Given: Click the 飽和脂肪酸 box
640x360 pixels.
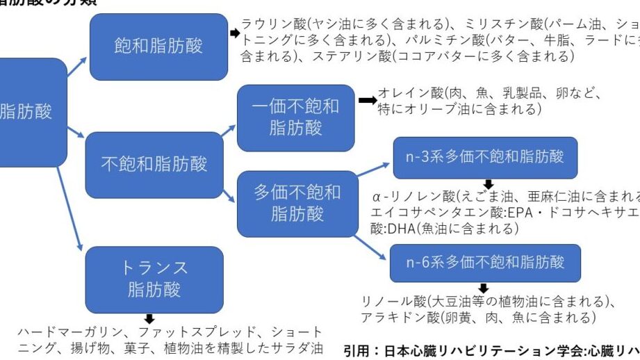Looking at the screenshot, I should point(158,47).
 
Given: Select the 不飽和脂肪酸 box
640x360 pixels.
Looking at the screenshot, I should point(154,165).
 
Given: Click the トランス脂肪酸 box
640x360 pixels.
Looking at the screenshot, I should point(154,279).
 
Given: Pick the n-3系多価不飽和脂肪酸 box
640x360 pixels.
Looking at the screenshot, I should point(484,157).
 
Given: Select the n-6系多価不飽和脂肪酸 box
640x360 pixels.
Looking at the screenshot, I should point(484,262).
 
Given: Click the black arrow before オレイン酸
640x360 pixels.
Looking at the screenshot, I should point(367,101).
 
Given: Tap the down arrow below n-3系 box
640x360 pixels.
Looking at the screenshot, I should point(489,184).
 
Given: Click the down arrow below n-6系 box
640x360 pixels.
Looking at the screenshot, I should point(484,288).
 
